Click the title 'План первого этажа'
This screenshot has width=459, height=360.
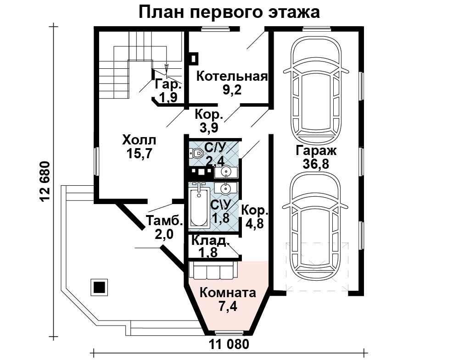[229, 12]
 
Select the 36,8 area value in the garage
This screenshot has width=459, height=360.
[316, 164]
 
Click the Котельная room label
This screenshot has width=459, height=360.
[232, 76]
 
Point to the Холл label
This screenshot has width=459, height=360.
[140, 140]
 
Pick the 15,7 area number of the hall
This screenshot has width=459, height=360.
[139, 153]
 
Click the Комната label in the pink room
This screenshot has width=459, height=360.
[228, 293]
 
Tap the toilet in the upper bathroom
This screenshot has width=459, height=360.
[196, 153]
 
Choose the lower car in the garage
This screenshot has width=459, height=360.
[316, 224]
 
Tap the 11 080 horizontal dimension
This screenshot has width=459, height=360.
[229, 344]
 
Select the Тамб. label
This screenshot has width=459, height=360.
[164, 221]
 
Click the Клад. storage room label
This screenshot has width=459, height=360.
[210, 240]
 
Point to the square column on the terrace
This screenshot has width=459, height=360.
[100, 287]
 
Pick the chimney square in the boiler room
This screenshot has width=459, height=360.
[194, 58]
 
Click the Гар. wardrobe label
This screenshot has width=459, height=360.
[168, 84]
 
